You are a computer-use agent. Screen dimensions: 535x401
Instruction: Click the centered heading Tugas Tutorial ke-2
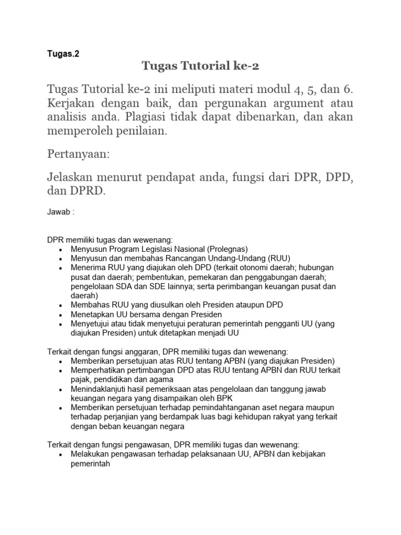pyautogui.click(x=200, y=66)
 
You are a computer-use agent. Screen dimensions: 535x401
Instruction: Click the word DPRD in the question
pyautogui.click(x=88, y=192)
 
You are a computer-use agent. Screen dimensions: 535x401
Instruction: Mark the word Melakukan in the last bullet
pyautogui.click(x=91, y=454)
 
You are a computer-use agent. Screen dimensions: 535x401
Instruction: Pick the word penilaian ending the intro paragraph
pyautogui.click(x=138, y=132)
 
